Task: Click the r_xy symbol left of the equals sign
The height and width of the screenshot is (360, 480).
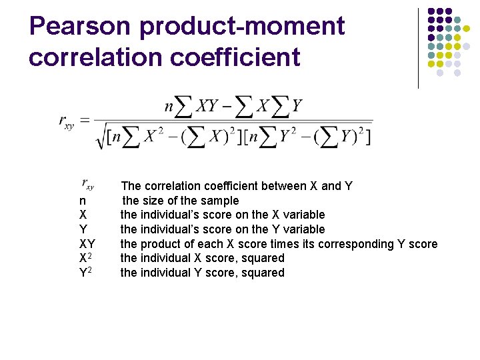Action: click(67, 121)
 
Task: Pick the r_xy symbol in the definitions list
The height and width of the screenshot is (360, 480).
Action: click(87, 183)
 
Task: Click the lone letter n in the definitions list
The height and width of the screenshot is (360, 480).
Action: click(82, 201)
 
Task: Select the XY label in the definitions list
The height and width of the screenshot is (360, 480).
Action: click(87, 244)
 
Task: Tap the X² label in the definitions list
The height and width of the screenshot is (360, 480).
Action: click(85, 258)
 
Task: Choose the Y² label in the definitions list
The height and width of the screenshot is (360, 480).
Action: click(85, 273)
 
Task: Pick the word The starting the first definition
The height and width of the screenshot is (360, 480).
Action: click(131, 186)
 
